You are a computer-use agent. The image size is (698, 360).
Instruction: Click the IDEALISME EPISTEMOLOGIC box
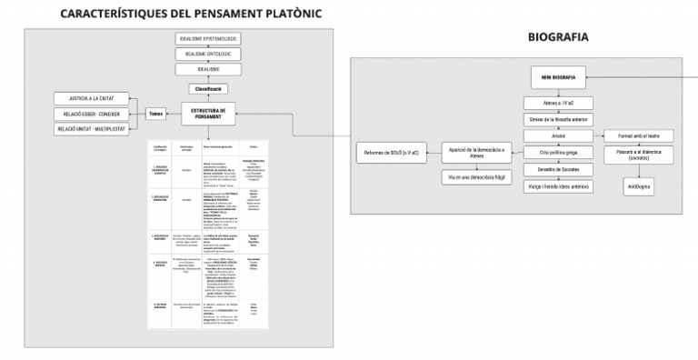click(x=208, y=39)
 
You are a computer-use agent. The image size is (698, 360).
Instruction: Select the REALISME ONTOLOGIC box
click(x=208, y=55)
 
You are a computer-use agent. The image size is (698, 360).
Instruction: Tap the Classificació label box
click(x=208, y=89)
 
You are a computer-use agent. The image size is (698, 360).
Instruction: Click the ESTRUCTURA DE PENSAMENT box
click(x=208, y=114)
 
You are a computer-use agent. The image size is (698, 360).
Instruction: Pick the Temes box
click(x=156, y=114)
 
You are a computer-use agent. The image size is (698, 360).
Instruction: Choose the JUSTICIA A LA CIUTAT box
click(x=91, y=98)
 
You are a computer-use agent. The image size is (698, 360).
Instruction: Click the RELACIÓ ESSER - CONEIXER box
click(x=91, y=114)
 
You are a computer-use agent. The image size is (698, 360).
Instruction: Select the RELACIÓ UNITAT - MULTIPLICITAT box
click(x=91, y=129)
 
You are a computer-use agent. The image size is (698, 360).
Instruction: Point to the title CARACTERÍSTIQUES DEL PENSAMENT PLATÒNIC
click(x=191, y=14)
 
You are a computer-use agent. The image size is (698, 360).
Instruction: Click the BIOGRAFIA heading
click(x=558, y=38)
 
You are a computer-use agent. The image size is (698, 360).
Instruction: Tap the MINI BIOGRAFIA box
click(x=558, y=78)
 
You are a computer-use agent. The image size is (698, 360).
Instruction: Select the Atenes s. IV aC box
click(x=558, y=103)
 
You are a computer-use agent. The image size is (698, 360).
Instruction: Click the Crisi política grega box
click(x=558, y=154)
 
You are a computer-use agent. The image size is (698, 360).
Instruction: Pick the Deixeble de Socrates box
click(x=558, y=170)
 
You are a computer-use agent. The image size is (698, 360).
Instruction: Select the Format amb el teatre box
click(x=638, y=135)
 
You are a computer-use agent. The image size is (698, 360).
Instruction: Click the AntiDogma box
click(x=638, y=186)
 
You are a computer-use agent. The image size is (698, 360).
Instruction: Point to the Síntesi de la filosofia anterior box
click(x=558, y=119)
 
